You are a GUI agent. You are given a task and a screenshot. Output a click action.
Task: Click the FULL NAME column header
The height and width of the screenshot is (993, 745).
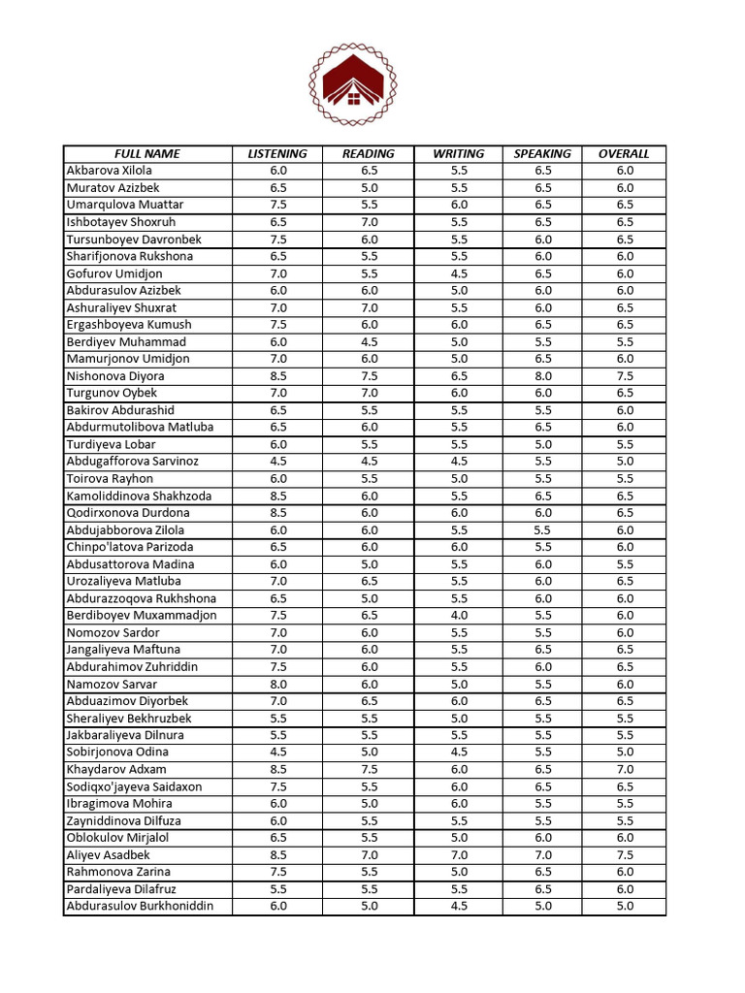tap(147, 153)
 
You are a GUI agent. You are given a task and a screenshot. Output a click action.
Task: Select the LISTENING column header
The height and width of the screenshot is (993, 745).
tap(277, 153)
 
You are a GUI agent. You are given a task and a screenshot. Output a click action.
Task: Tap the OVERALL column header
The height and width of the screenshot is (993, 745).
tap(624, 153)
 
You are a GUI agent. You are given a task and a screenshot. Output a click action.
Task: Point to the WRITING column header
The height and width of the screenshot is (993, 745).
tap(459, 153)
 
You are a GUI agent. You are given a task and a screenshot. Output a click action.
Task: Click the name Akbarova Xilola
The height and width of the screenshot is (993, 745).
tap(109, 171)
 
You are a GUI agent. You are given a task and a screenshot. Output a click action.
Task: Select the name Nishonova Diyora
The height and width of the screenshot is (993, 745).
tap(115, 376)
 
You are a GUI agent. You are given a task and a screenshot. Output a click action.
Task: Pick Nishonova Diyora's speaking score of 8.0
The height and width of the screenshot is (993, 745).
tap(542, 376)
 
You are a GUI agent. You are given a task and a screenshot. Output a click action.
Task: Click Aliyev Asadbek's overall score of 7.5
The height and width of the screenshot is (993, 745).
tap(625, 855)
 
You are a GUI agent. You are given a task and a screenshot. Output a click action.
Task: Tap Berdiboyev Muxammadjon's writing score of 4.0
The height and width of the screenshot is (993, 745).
tap(459, 616)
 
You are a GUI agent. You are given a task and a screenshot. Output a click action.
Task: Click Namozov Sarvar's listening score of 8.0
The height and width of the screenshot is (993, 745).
tap(278, 684)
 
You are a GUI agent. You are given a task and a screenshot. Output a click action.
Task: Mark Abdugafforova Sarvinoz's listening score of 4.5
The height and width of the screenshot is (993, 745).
tap(278, 462)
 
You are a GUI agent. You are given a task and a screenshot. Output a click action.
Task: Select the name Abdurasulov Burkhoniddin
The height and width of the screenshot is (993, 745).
tap(140, 907)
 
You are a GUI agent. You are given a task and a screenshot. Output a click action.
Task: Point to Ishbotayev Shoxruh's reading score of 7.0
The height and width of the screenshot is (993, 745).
tap(369, 222)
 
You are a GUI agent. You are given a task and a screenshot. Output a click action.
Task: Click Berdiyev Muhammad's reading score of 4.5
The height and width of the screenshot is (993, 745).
tap(369, 342)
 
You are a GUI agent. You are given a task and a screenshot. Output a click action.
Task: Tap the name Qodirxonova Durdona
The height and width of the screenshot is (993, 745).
tap(128, 513)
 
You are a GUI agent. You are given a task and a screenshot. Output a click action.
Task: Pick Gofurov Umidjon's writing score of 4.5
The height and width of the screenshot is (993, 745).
tap(459, 273)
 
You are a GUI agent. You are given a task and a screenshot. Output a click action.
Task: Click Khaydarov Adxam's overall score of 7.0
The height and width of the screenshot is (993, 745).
tap(625, 770)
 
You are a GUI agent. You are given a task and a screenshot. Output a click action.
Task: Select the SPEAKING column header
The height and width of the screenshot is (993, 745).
tap(542, 153)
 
